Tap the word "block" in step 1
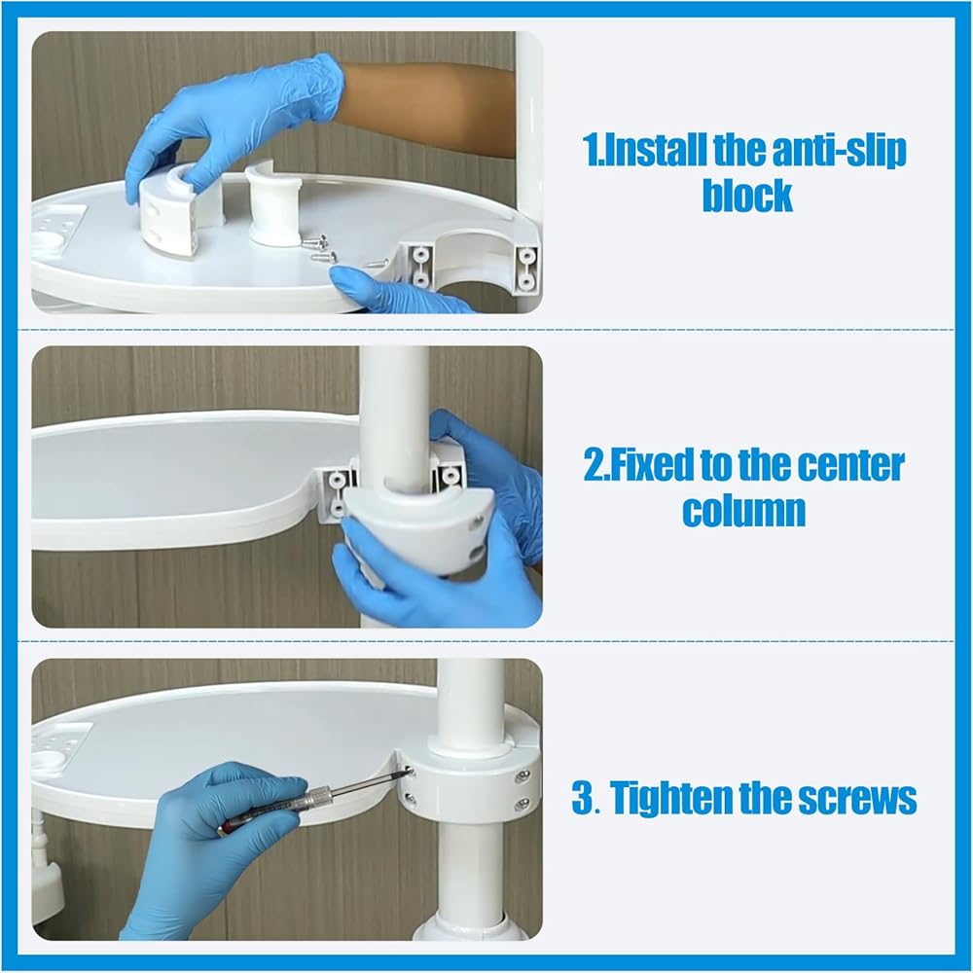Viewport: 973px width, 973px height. [747, 196]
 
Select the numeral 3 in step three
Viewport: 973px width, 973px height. [582, 798]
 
